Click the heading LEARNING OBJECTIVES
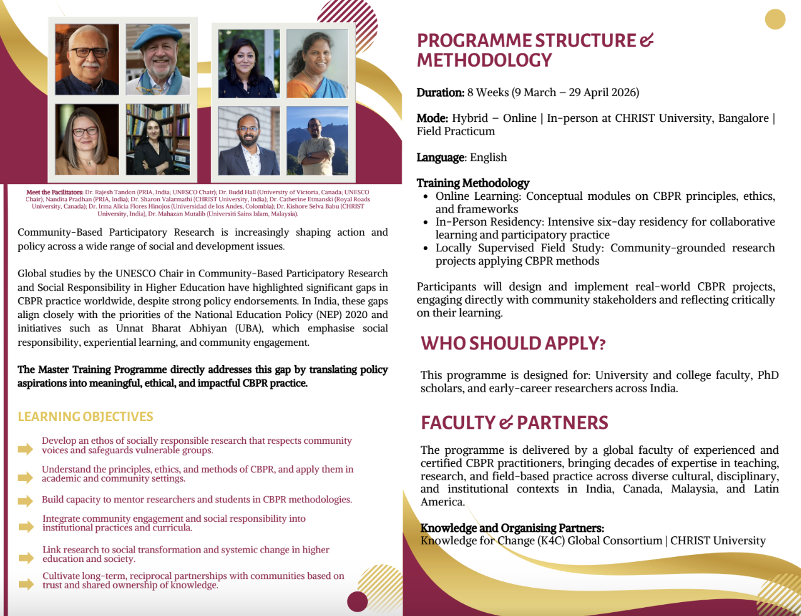(x=86, y=417)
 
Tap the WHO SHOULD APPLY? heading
(x=513, y=343)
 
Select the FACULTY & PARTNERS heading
(x=514, y=423)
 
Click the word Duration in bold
(x=440, y=93)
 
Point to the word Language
(x=440, y=157)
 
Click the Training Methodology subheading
(x=473, y=183)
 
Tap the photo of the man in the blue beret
(x=158, y=60)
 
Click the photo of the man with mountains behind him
(x=317, y=141)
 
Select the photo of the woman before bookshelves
(x=158, y=139)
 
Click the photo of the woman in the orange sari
(x=317, y=63)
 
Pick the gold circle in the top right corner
(x=775, y=19)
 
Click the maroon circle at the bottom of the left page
(x=357, y=602)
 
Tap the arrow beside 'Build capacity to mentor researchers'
(x=25, y=501)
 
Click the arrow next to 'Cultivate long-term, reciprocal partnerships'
(x=26, y=584)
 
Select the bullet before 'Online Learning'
(x=426, y=197)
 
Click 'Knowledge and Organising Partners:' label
(x=512, y=528)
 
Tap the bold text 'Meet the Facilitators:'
(x=55, y=192)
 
